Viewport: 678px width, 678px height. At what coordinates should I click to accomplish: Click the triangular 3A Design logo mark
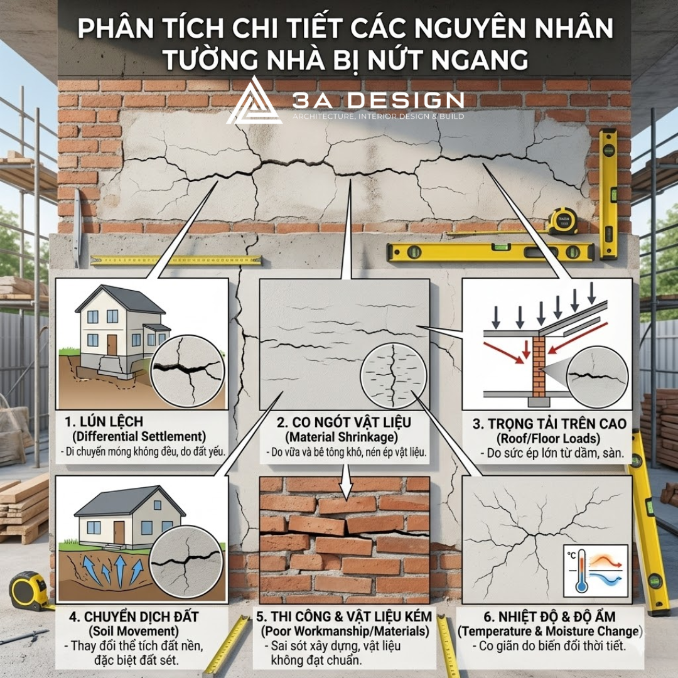pos(254,102)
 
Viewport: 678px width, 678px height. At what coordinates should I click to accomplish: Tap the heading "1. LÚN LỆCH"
pos(104,422)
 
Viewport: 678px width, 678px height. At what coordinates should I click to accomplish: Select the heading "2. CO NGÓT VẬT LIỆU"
pos(344,422)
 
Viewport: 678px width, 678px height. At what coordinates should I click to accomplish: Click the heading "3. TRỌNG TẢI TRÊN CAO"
pos(549,424)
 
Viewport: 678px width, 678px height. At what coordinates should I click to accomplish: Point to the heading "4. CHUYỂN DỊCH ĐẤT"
pos(134,616)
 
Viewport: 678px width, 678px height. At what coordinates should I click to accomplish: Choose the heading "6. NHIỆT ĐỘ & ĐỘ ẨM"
pos(549,616)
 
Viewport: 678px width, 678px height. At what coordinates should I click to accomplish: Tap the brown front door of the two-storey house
pos(112,345)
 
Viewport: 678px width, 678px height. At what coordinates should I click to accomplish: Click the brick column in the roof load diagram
pos(539,367)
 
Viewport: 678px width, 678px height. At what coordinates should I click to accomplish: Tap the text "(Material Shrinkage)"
pos(342,437)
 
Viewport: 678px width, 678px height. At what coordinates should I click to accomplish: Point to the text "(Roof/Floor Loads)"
pos(548,438)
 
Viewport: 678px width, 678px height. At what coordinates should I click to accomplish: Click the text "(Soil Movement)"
pos(134,632)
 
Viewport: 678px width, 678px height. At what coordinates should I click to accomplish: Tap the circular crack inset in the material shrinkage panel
pos(393,376)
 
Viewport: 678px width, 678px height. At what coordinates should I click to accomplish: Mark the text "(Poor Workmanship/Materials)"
pos(345,632)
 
